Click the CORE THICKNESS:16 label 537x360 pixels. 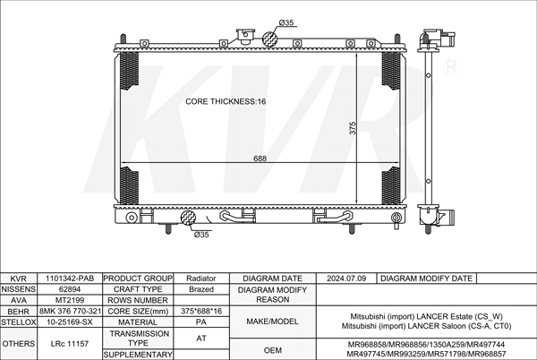pos(226,101)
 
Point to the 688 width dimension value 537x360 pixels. pos(260,159)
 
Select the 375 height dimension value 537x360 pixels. pos(353,128)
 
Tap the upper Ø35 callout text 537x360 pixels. pos(286,22)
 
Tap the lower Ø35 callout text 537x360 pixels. pos(201,235)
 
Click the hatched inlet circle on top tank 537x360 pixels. pos(269,39)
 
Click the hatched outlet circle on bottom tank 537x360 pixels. pos(188,218)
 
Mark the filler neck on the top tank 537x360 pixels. pos(245,37)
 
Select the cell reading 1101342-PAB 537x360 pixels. pos(70,279)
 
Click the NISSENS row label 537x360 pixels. pos(19,289)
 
